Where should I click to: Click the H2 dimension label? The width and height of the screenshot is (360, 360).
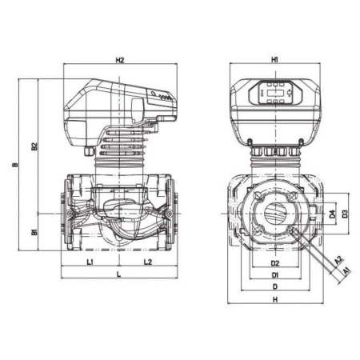120,60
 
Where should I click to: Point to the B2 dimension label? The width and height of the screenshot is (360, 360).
34,146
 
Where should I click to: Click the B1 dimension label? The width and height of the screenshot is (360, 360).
34,232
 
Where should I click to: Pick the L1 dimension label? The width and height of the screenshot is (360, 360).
90,262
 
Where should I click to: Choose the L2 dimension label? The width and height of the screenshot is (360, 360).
148,262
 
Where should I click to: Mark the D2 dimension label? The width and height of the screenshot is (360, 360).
274,262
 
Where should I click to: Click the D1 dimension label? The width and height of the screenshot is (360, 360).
274,276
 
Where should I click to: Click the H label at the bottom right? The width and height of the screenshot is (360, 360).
274,299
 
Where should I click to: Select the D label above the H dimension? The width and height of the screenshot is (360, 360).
274,287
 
